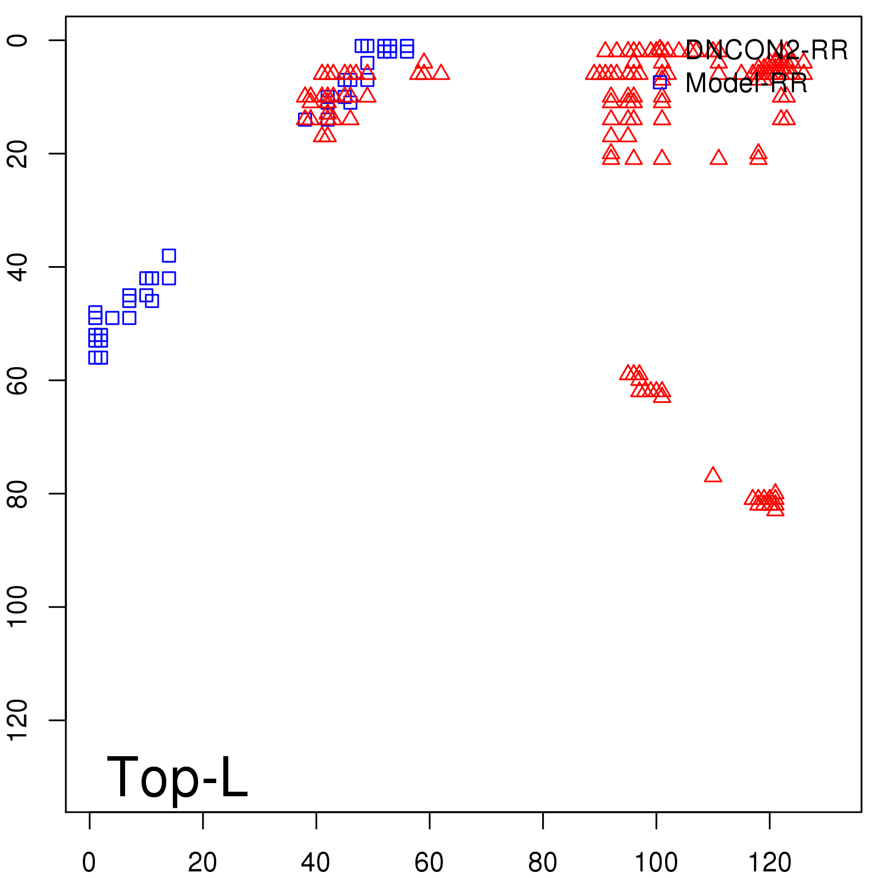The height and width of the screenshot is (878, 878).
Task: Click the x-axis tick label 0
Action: (89, 863)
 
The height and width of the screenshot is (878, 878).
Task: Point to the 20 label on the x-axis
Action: (202, 863)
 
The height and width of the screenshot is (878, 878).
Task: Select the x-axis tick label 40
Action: (316, 863)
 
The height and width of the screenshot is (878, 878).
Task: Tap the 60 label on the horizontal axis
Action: (429, 863)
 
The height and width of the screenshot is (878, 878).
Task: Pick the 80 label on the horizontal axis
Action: (543, 863)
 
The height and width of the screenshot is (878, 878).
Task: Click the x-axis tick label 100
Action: (656, 863)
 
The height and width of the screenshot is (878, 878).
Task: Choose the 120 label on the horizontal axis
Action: (769, 863)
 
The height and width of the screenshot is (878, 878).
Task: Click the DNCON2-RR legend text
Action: (767, 50)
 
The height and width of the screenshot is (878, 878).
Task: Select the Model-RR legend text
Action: (746, 83)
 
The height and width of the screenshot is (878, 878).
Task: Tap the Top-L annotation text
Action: (177, 777)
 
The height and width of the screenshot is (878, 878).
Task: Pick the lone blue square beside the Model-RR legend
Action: (660, 82)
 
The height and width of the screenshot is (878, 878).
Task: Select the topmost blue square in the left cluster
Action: (168, 255)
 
